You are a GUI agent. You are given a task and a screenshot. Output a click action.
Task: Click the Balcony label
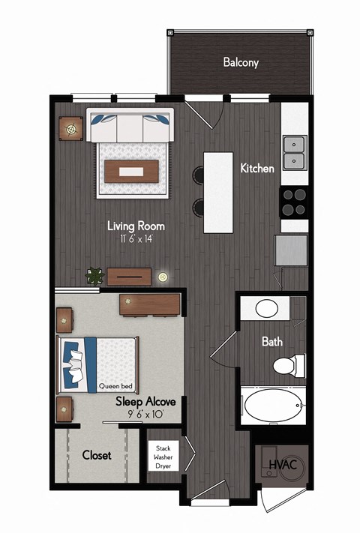point(241,62)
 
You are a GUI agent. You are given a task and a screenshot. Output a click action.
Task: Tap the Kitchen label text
point(257,169)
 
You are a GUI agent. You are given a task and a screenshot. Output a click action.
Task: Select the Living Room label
point(136,226)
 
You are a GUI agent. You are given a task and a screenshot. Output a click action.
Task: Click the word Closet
point(97,454)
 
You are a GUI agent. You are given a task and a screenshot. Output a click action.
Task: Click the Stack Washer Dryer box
point(163,454)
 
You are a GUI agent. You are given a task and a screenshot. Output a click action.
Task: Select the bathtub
point(273,405)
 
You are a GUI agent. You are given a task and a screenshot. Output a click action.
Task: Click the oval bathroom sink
point(266,307)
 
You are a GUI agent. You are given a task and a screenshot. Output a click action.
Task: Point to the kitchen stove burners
point(294,199)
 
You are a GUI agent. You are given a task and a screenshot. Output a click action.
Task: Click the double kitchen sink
point(295,153)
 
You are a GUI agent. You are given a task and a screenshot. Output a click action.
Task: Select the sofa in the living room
point(130,126)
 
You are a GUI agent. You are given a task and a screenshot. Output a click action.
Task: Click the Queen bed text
point(116,387)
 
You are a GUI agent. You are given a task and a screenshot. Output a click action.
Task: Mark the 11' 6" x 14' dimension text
point(136,238)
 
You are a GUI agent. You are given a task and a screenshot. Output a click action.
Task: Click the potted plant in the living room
point(94,276)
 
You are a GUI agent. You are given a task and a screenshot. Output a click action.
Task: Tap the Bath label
point(271,342)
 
